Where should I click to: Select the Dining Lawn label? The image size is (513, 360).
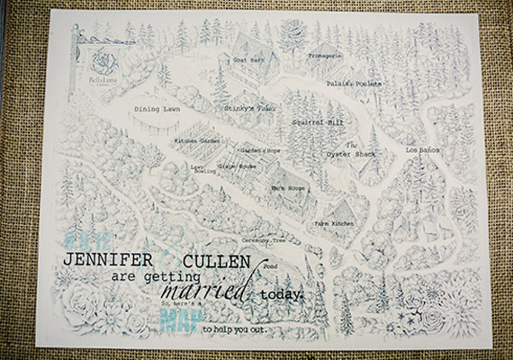click(x=154, y=111)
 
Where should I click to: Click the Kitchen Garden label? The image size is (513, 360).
click(x=198, y=141)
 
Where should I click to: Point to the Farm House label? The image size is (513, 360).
click(x=288, y=188)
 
